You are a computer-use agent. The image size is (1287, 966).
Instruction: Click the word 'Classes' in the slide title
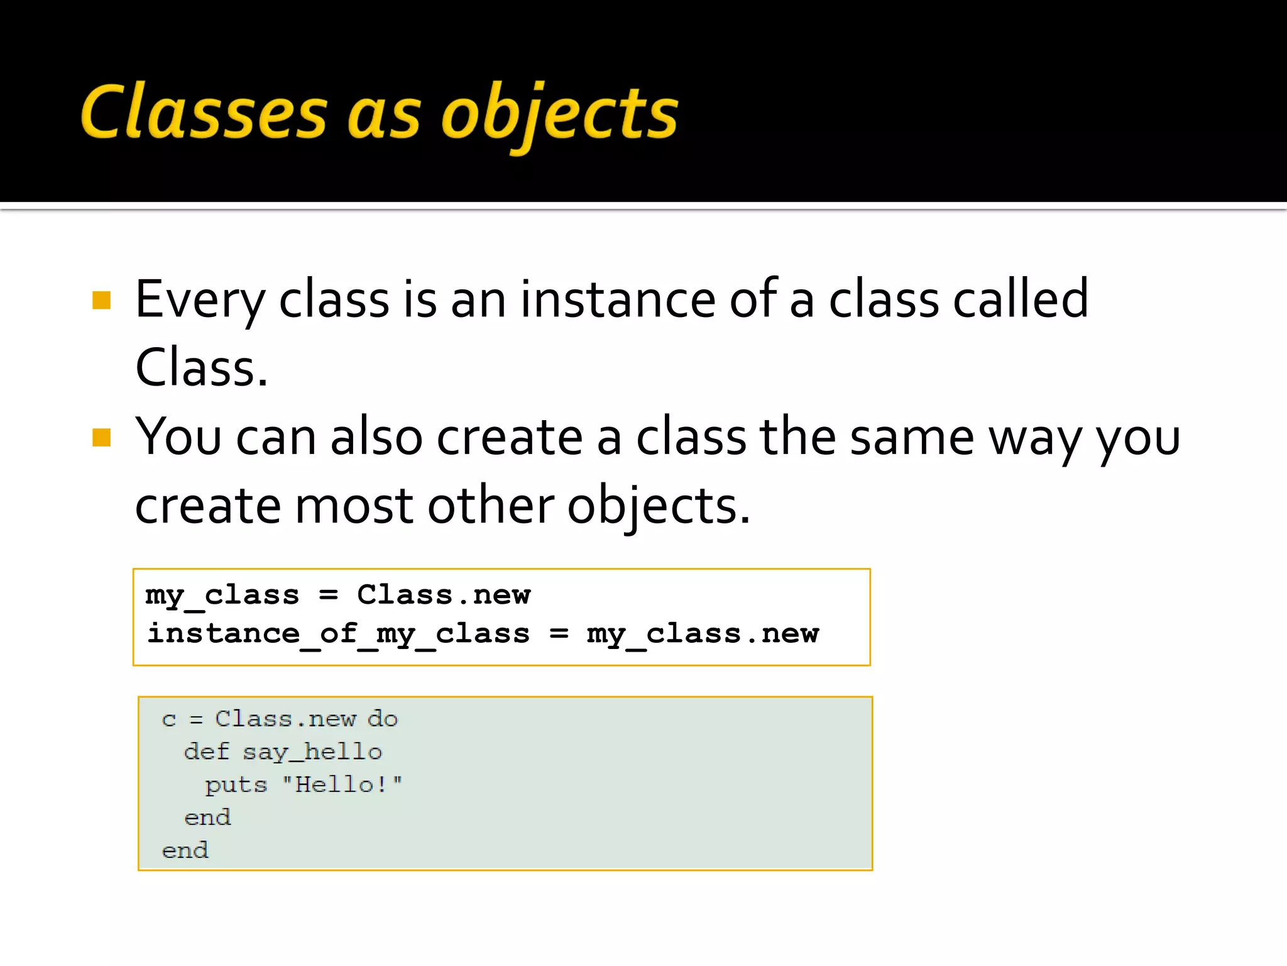(204, 111)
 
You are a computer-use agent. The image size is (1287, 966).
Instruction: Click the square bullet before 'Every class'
(101, 300)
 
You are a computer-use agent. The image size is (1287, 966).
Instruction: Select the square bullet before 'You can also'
(101, 437)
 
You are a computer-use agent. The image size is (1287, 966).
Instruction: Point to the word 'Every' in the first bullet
(200, 300)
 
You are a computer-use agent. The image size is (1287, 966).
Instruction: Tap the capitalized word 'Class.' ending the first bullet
(201, 368)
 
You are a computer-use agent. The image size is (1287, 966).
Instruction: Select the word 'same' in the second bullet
(911, 437)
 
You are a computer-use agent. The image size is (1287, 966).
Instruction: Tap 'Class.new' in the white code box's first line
(444, 594)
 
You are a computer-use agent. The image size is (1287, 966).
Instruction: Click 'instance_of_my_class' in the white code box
(338, 633)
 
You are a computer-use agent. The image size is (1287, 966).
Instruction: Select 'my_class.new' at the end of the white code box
(703, 633)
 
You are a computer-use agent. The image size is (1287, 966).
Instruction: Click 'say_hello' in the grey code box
(312, 752)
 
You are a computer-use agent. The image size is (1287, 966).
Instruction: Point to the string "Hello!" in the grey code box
(342, 784)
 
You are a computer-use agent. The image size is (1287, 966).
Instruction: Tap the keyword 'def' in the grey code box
(206, 752)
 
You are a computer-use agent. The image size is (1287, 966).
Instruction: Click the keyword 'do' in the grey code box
(382, 718)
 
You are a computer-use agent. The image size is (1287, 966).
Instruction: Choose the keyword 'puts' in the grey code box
(236, 785)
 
